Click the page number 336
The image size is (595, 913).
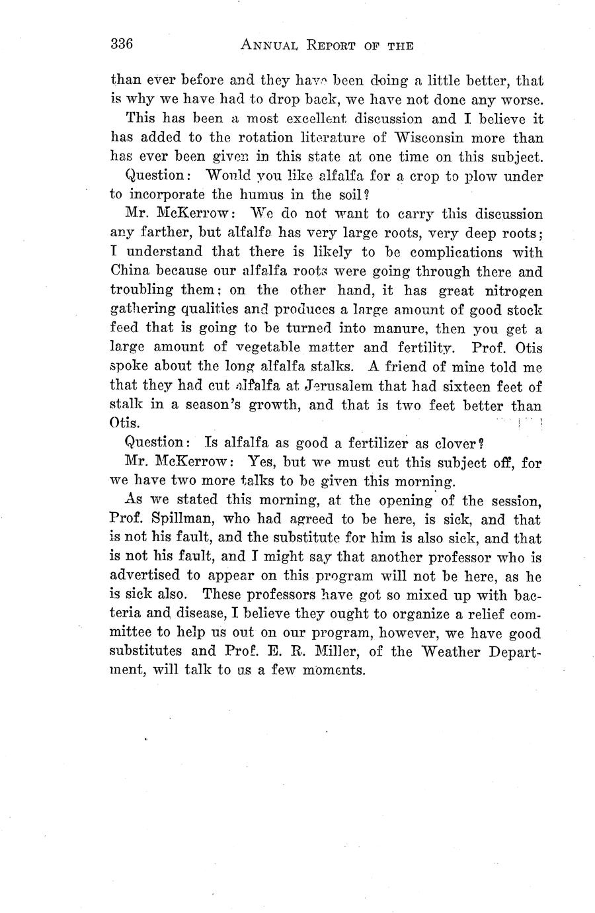coord(122,44)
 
